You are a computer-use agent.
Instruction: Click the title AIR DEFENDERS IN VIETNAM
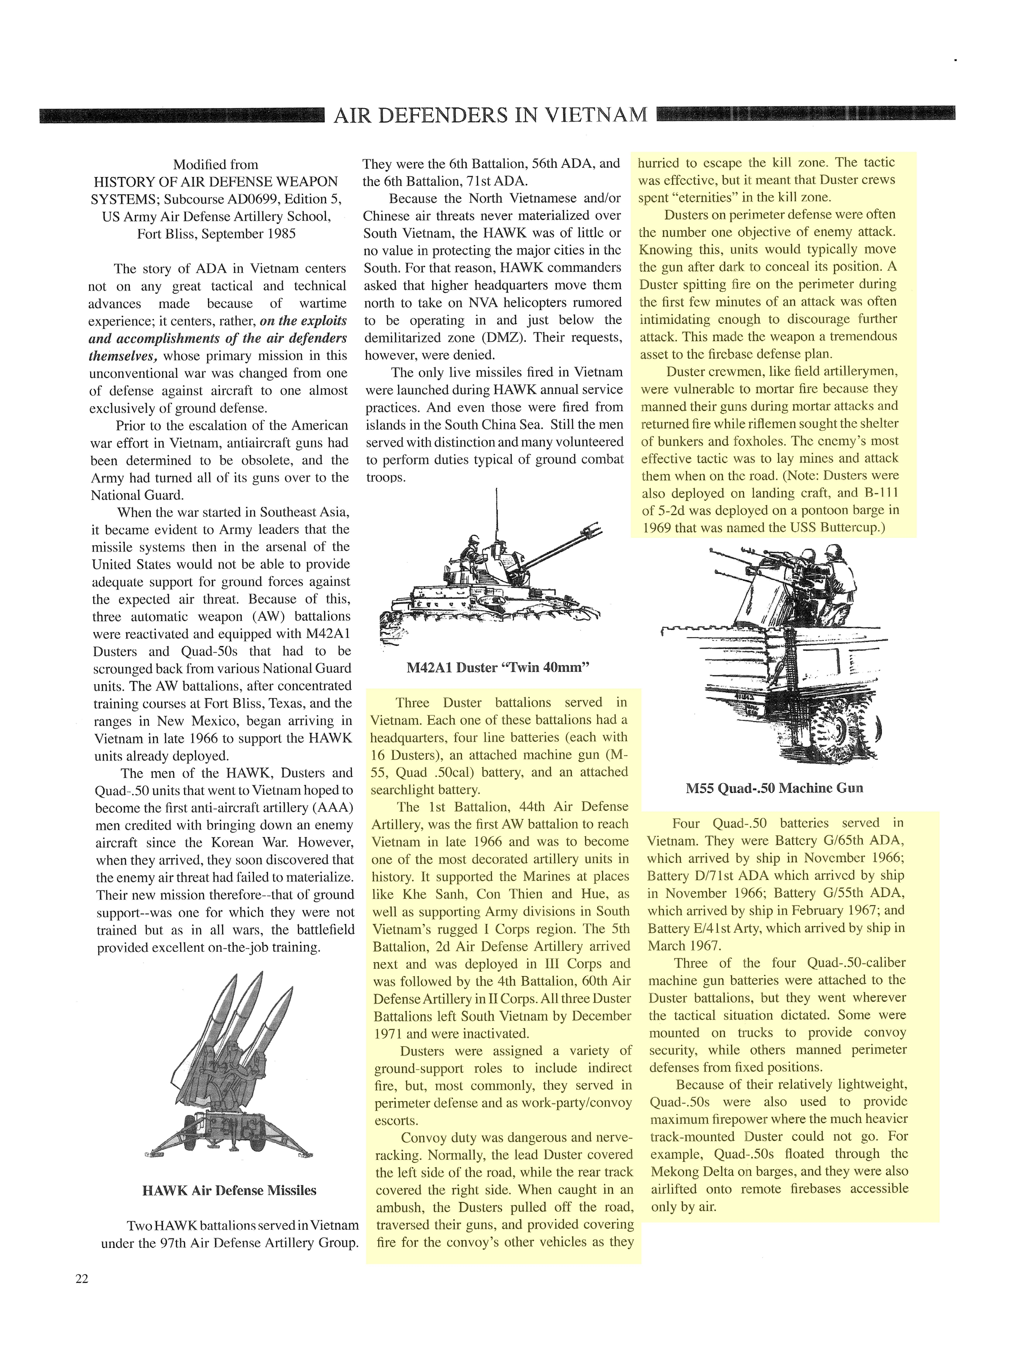[491, 115]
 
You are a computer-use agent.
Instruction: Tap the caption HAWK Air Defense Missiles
[229, 1190]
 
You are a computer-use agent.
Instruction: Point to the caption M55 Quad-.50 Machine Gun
[774, 788]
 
